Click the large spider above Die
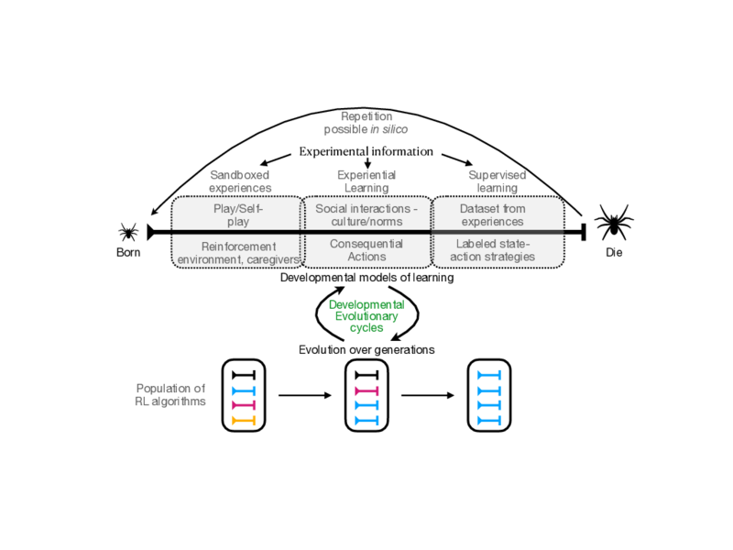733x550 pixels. coord(613,224)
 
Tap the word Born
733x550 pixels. coord(128,252)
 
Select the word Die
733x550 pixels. coord(613,252)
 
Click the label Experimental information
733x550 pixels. coord(366,151)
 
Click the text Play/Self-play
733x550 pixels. coord(237,214)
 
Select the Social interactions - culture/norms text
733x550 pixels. coord(366,214)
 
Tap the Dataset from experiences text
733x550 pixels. coord(492,214)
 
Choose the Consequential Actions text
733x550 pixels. coord(366,250)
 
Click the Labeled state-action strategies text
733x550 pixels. coord(495,250)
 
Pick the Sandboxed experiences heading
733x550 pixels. coord(240,181)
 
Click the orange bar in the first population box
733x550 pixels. coord(243,420)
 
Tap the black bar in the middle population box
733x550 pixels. coord(366,375)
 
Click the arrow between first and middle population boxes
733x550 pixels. coord(303,396)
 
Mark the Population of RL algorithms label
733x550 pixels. coord(170,395)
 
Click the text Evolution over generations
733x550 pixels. coord(366,349)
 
